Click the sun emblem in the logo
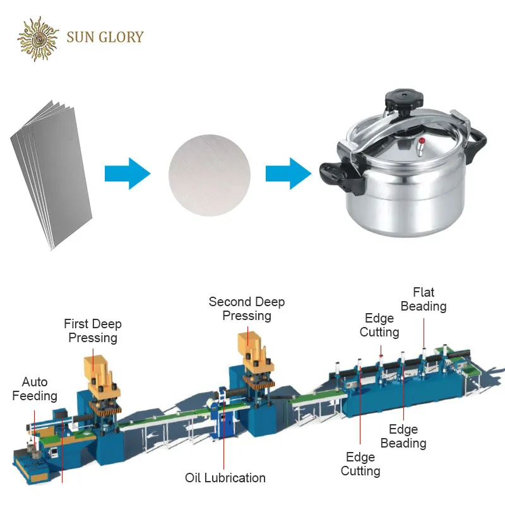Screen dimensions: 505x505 pyautogui.click(x=38, y=39)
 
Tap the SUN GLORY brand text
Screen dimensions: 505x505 pyautogui.click(x=105, y=37)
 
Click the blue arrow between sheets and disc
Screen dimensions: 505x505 pyautogui.click(x=128, y=174)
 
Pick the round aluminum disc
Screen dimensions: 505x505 pyautogui.click(x=210, y=175)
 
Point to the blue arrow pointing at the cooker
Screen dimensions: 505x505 pyautogui.click(x=288, y=174)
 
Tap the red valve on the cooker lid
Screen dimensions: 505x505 pyautogui.click(x=422, y=141)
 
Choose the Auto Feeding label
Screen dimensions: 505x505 pyautogui.click(x=35, y=389)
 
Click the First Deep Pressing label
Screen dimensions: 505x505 pyautogui.click(x=93, y=331)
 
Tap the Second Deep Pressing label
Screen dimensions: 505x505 pyautogui.click(x=247, y=309)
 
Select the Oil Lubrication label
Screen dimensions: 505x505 pyautogui.click(x=225, y=478)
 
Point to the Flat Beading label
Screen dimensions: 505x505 pyautogui.click(x=424, y=299)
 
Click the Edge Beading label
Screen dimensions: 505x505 pyautogui.click(x=403, y=436)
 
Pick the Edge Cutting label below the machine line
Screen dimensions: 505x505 pyautogui.click(x=360, y=464)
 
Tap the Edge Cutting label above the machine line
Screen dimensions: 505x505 pyautogui.click(x=379, y=325)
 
